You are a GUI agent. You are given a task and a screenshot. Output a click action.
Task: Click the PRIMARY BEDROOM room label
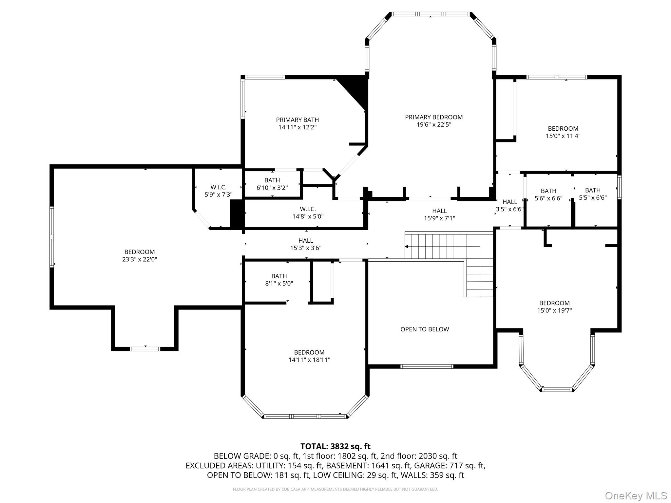click(x=434, y=117)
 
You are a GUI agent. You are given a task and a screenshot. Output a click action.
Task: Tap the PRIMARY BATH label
click(x=297, y=120)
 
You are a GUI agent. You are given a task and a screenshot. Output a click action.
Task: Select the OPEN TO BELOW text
click(x=425, y=329)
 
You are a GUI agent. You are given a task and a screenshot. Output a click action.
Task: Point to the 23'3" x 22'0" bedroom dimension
click(x=139, y=259)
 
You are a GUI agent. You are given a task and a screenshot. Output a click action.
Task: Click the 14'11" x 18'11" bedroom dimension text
click(x=309, y=360)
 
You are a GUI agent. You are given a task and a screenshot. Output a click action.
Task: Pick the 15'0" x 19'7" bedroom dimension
click(x=554, y=310)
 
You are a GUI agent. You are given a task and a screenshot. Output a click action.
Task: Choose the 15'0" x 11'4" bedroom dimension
click(x=563, y=136)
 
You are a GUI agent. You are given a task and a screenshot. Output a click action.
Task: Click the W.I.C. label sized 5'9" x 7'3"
click(x=218, y=187)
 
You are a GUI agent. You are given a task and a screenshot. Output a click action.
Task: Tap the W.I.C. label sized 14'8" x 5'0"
click(x=308, y=209)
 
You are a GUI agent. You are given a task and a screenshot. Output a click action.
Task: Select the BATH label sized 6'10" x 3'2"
click(x=272, y=180)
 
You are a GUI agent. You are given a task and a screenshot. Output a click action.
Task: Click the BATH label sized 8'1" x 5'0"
click(x=279, y=276)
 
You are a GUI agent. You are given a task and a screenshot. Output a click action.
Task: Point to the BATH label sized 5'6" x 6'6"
click(x=548, y=191)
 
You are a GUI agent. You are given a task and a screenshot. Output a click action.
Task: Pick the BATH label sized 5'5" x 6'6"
click(x=593, y=190)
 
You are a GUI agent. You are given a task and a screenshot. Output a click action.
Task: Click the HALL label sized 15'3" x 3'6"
click(x=306, y=241)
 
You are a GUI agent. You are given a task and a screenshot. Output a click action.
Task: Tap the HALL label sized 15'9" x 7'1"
click(x=439, y=211)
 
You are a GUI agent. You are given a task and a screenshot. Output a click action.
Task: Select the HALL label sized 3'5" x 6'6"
click(x=509, y=202)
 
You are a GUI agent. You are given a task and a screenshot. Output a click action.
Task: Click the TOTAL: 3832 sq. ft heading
click(x=335, y=446)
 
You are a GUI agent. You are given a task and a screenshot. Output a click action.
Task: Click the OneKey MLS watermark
click(x=636, y=495)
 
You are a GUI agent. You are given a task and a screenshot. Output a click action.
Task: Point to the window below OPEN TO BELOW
click(x=427, y=366)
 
